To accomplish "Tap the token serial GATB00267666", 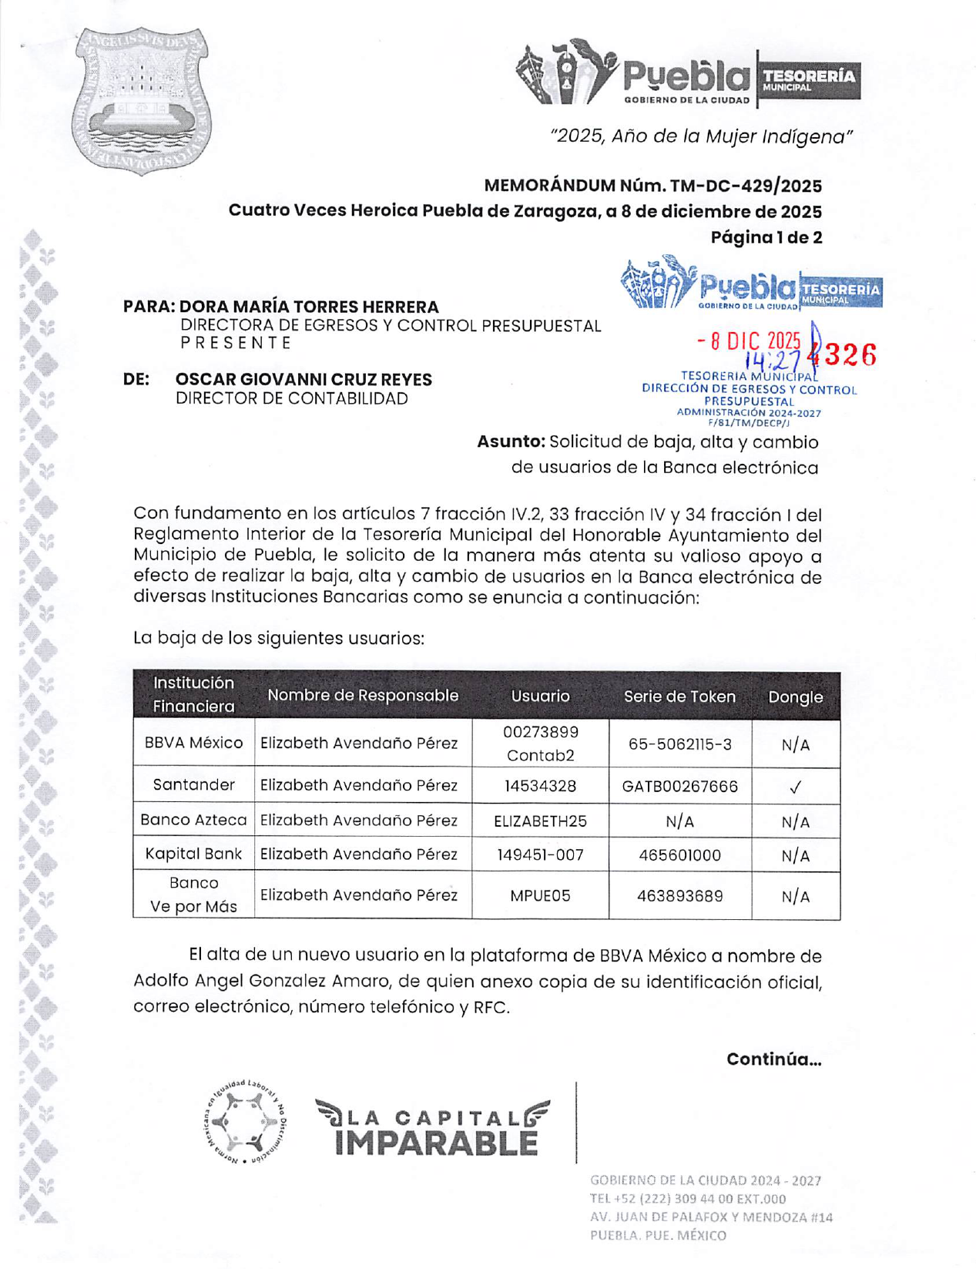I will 679,786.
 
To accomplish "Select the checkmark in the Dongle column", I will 795,787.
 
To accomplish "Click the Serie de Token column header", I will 679,697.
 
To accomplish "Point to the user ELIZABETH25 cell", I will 540,821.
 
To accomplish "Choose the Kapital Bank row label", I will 193,854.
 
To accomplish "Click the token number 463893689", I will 679,895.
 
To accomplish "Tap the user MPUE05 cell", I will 540,895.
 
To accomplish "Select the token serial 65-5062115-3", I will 679,744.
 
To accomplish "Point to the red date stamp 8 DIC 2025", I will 749,341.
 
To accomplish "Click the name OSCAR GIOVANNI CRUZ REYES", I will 304,380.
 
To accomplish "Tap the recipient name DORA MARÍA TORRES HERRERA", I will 309,307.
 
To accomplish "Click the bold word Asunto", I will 511,442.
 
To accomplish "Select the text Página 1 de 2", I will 766,237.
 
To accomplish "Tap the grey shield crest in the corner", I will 142,101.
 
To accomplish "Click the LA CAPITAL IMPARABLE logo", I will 433,1129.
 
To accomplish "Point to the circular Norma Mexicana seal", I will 247,1121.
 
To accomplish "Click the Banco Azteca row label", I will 193,820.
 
